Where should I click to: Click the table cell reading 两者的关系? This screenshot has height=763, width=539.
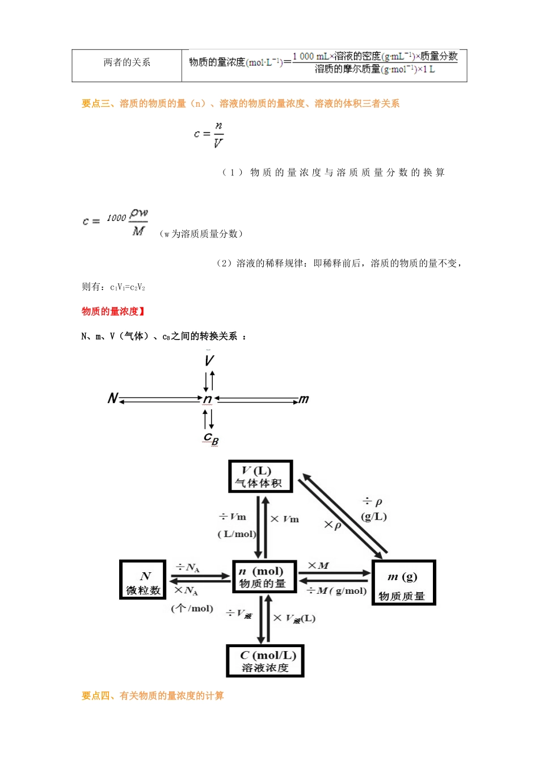127,62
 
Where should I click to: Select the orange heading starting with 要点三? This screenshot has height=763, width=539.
240,103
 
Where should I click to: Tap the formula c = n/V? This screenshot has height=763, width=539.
209,135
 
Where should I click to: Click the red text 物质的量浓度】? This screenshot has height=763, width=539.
113,311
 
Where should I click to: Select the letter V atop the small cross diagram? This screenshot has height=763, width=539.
209,360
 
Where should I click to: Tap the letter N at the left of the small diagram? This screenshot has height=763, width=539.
112,398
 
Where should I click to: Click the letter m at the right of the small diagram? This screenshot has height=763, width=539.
304,399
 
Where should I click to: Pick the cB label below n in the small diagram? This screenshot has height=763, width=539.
211,438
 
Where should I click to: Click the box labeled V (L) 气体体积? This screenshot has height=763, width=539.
260,476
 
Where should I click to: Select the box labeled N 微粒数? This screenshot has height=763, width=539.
143,580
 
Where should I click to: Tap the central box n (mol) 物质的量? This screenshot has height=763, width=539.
264,577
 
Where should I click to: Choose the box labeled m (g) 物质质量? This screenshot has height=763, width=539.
403,583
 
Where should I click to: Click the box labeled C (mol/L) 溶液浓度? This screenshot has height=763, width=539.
265,661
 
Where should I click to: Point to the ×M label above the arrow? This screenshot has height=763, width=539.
318,565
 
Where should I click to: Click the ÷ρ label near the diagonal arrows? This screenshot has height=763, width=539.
373,502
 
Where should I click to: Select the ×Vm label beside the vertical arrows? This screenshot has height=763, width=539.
284,519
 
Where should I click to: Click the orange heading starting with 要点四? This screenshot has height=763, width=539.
153,695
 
